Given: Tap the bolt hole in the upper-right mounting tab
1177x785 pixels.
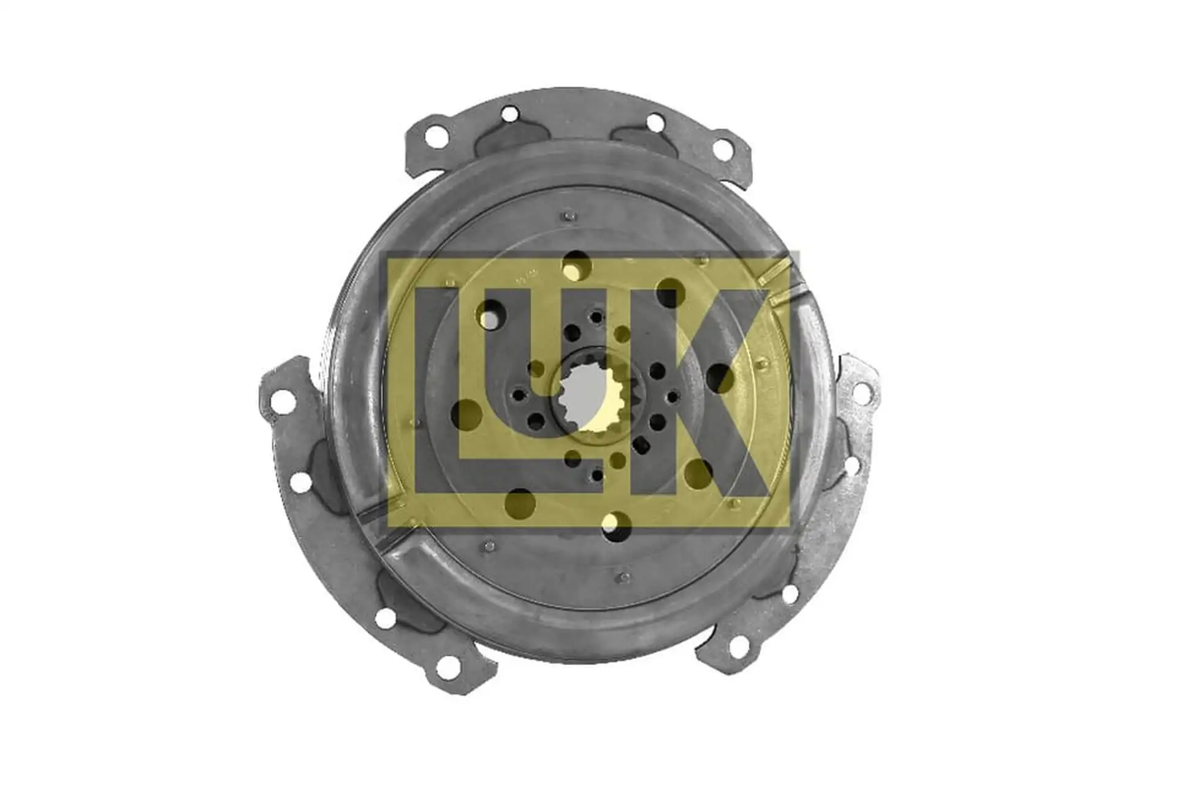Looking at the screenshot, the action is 723,149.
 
